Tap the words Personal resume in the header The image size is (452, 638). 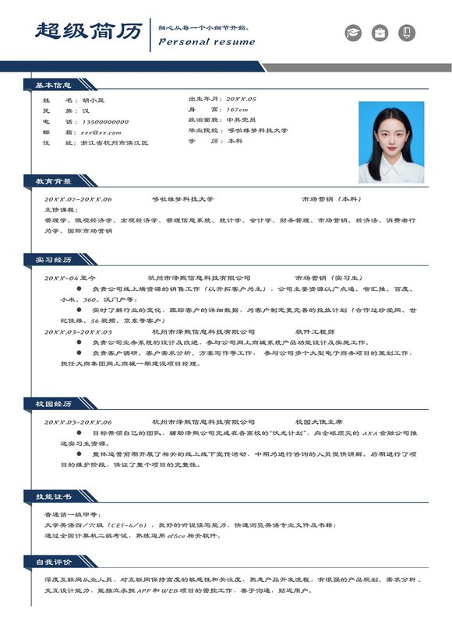[x=207, y=42]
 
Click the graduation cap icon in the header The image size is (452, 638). [x=354, y=33]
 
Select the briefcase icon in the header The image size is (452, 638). [x=380, y=33]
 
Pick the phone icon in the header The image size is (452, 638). [x=407, y=33]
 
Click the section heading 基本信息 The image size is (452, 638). [x=53, y=85]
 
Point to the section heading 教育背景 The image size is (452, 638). [x=53, y=181]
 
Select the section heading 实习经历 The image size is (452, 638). [x=53, y=259]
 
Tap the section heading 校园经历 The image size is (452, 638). [x=53, y=404]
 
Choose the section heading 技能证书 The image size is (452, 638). [x=53, y=496]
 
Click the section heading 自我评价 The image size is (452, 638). [x=53, y=561]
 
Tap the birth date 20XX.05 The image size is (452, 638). [x=241, y=100]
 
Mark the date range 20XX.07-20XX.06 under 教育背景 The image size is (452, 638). [x=78, y=199]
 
